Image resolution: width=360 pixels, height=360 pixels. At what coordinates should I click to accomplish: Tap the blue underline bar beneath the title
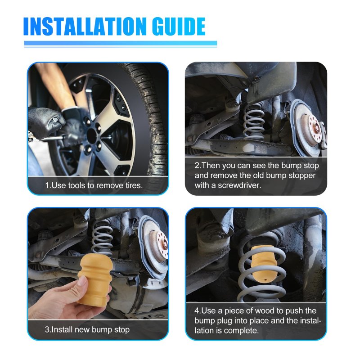[x=121, y=43]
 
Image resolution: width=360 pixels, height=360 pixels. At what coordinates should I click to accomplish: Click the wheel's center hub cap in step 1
[x=92, y=136]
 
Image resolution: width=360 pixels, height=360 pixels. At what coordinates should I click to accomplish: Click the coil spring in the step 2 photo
[x=254, y=121]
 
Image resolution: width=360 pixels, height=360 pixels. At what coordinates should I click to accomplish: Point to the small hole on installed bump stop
[x=265, y=280]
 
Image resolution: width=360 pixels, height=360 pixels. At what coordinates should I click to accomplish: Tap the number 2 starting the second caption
[x=197, y=166]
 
